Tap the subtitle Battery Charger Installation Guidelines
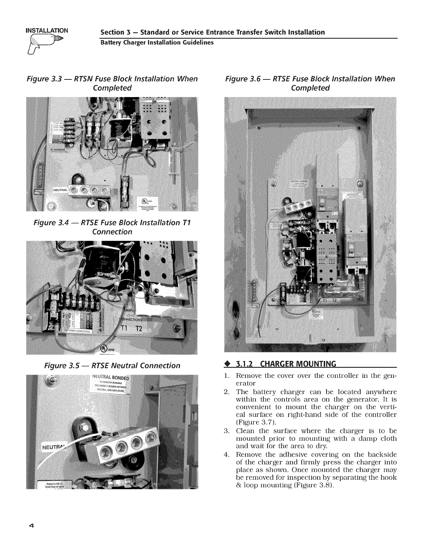point(157,43)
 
